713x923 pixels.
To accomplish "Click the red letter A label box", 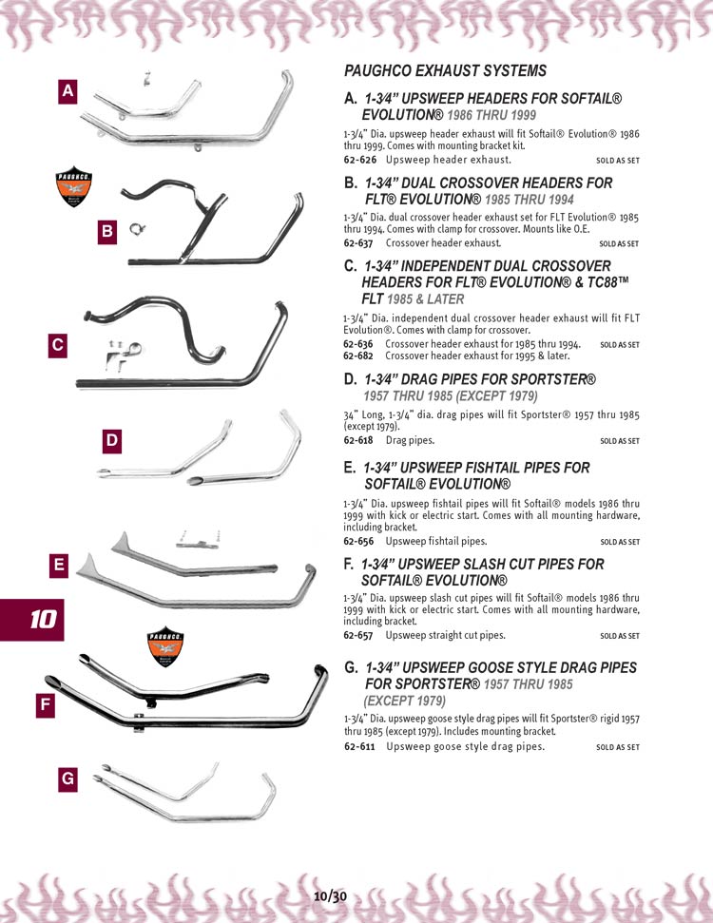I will pyautogui.click(x=67, y=91).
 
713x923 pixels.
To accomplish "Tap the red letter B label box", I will pyautogui.click(x=107, y=230).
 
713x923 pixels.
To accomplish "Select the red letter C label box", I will pyautogui.click(x=58, y=346).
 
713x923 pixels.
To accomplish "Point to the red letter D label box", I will pyautogui.click(x=112, y=441).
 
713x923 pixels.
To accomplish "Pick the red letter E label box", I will pyautogui.click(x=59, y=566).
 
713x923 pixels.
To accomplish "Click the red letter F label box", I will pyautogui.click(x=45, y=706).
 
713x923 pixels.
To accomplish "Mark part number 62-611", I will pyautogui.click(x=358, y=747).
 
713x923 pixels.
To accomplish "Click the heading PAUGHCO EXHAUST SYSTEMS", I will pyautogui.click(x=445, y=71).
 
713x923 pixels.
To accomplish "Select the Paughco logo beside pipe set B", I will pyautogui.click(x=74, y=186).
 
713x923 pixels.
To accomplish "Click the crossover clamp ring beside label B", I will pyautogui.click(x=139, y=229).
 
